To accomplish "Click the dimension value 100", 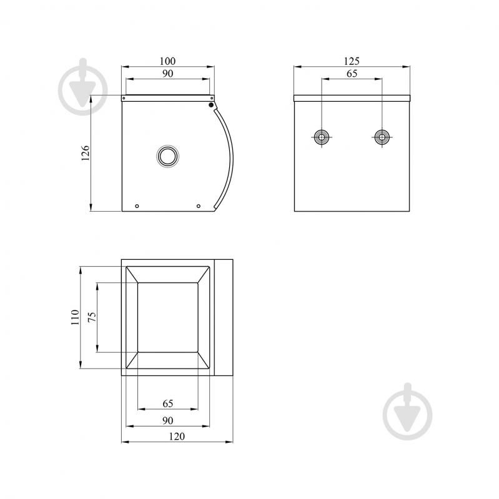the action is tap(167, 61).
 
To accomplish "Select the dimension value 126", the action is tap(86, 153).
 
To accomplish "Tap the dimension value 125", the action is tap(352, 61).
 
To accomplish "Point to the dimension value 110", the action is tap(75, 317).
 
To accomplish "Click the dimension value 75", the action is tap(92, 317).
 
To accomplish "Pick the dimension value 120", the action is tap(177, 436).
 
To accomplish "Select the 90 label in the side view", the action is tap(168, 74).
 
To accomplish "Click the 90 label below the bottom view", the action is tap(168, 420).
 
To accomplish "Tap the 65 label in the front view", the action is tap(352, 74).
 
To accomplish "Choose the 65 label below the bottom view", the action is tap(168, 403).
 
